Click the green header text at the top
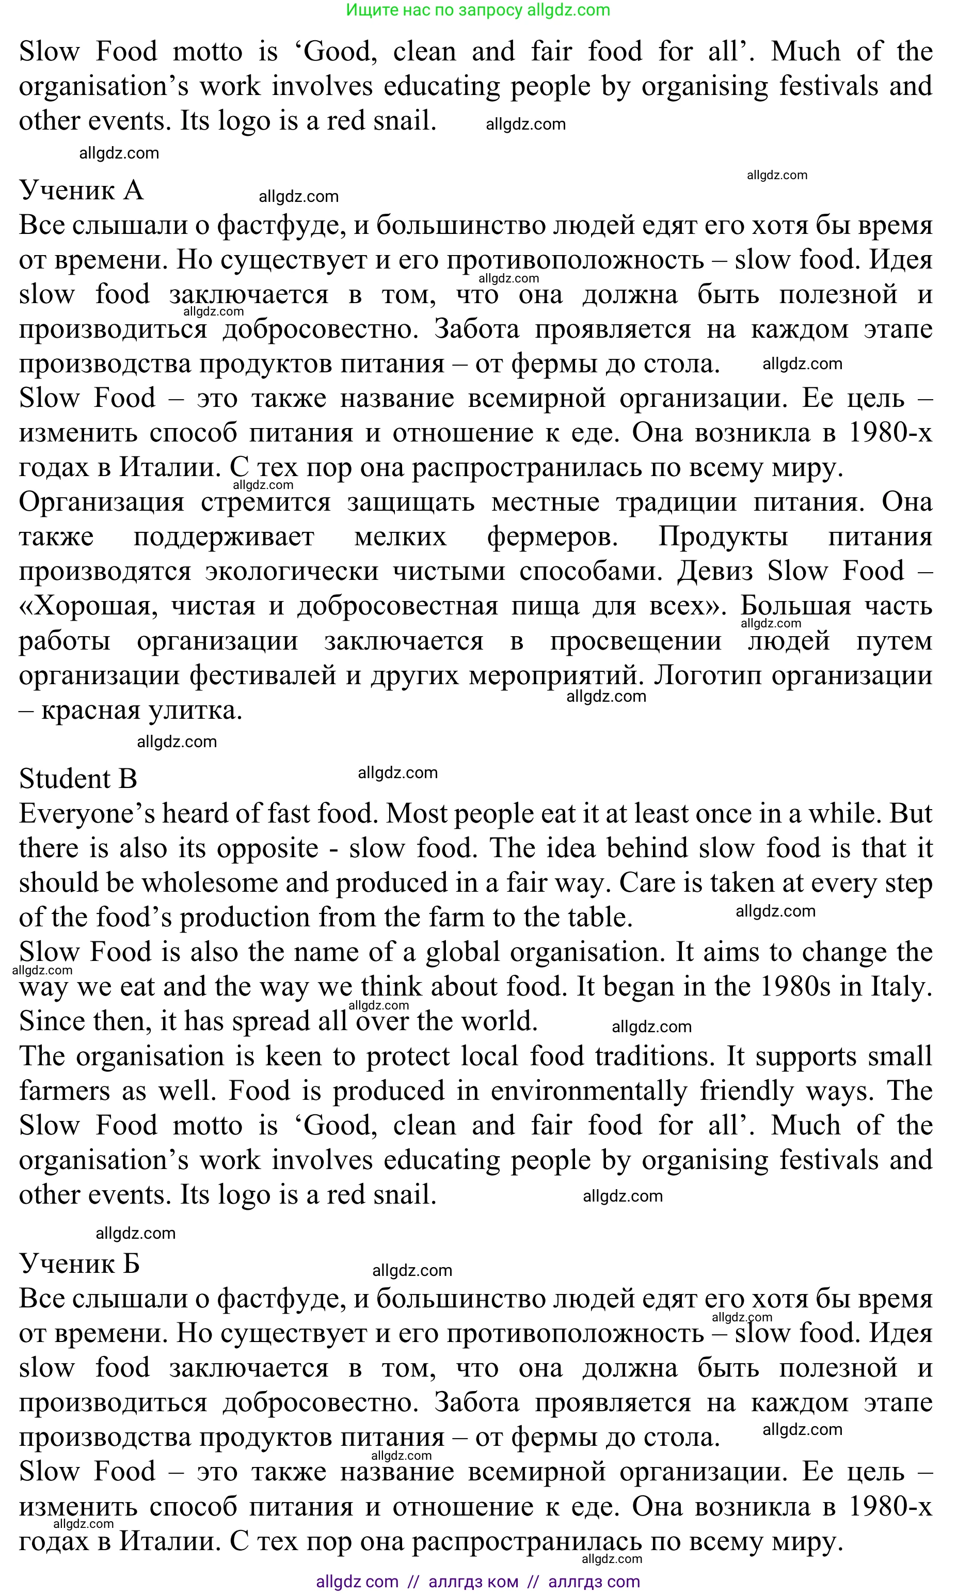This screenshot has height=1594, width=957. (478, 10)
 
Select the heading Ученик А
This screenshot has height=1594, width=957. (81, 191)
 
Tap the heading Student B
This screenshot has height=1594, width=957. (78, 779)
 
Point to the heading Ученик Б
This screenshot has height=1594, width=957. (79, 1263)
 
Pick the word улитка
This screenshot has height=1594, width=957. (196, 711)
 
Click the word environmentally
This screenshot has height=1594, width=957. (589, 1092)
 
